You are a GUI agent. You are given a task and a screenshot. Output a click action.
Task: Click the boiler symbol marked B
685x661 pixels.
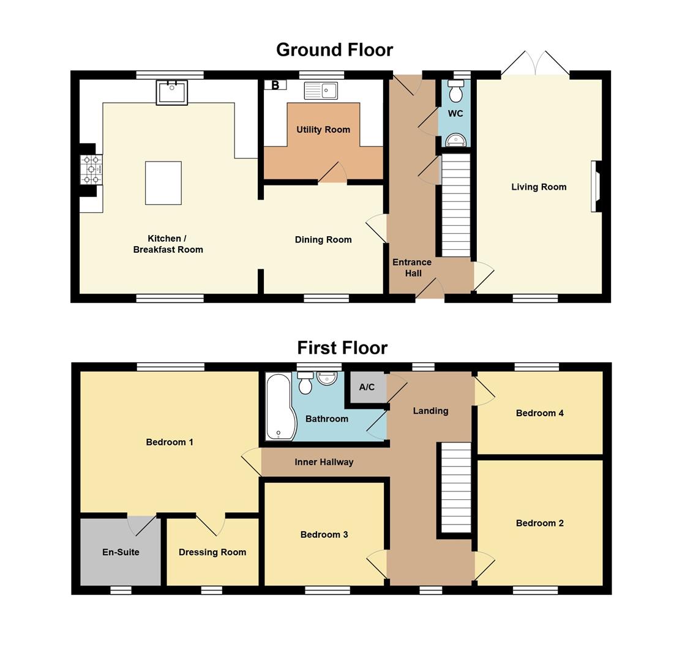point(275,84)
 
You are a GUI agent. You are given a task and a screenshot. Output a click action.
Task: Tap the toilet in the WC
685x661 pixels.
point(455,90)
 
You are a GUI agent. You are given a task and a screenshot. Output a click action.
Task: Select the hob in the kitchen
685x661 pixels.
point(91,169)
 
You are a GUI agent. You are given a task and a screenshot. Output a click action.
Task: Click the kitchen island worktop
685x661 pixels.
point(163,183)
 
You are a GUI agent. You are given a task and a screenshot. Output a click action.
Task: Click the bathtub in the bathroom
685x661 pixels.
point(281,407)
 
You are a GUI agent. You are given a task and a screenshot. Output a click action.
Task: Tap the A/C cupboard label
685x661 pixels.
point(367,387)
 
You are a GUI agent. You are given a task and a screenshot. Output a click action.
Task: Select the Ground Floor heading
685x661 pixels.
point(335,50)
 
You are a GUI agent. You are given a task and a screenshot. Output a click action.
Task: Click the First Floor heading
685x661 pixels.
point(343,348)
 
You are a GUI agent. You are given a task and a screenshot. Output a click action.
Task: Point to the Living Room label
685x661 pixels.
point(539,187)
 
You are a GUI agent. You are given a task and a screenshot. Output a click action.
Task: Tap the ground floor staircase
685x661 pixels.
point(456,205)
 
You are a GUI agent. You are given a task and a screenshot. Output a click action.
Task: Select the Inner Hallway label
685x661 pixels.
point(324,462)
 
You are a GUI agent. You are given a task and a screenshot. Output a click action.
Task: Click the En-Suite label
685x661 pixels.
point(121,552)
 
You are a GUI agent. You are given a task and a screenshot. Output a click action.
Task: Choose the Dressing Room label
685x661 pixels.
point(213,553)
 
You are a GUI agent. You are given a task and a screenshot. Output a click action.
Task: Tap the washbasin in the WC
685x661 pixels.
point(456,140)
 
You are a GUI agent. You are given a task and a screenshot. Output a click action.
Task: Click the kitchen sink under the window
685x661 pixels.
point(172,92)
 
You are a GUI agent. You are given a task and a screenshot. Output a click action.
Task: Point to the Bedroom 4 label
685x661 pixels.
point(540,413)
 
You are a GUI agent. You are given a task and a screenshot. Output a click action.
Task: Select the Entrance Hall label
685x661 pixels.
point(413,268)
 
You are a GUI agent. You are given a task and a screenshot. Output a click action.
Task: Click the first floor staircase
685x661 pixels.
point(456,487)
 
